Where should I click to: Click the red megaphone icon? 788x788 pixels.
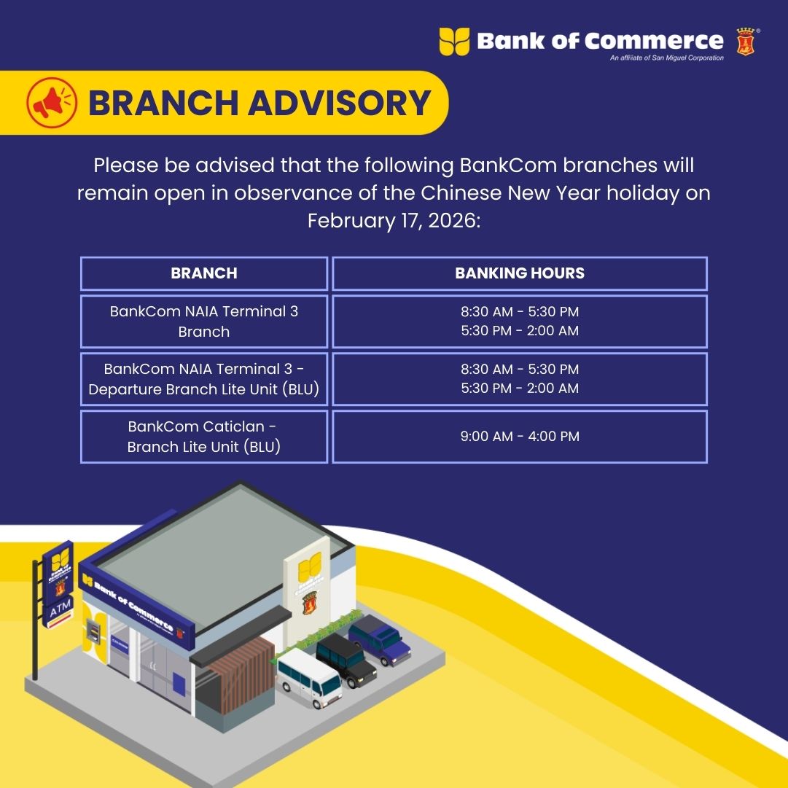52,103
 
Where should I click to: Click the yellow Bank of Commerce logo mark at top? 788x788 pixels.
454,42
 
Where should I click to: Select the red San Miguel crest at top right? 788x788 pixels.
745,42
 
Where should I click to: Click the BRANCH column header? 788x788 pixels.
204,273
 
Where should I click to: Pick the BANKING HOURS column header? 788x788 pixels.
520,273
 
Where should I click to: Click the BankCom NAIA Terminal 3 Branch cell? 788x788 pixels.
204,321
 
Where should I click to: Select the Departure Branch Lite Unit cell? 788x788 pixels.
204,379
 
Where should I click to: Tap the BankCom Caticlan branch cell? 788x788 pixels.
204,437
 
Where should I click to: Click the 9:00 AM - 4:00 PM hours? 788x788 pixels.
520,436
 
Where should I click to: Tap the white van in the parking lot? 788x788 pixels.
309,677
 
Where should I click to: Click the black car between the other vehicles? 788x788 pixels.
346,660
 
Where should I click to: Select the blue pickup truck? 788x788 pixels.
380,639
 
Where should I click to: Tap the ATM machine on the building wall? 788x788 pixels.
93,632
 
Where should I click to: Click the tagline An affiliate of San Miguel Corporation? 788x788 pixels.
667,58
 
